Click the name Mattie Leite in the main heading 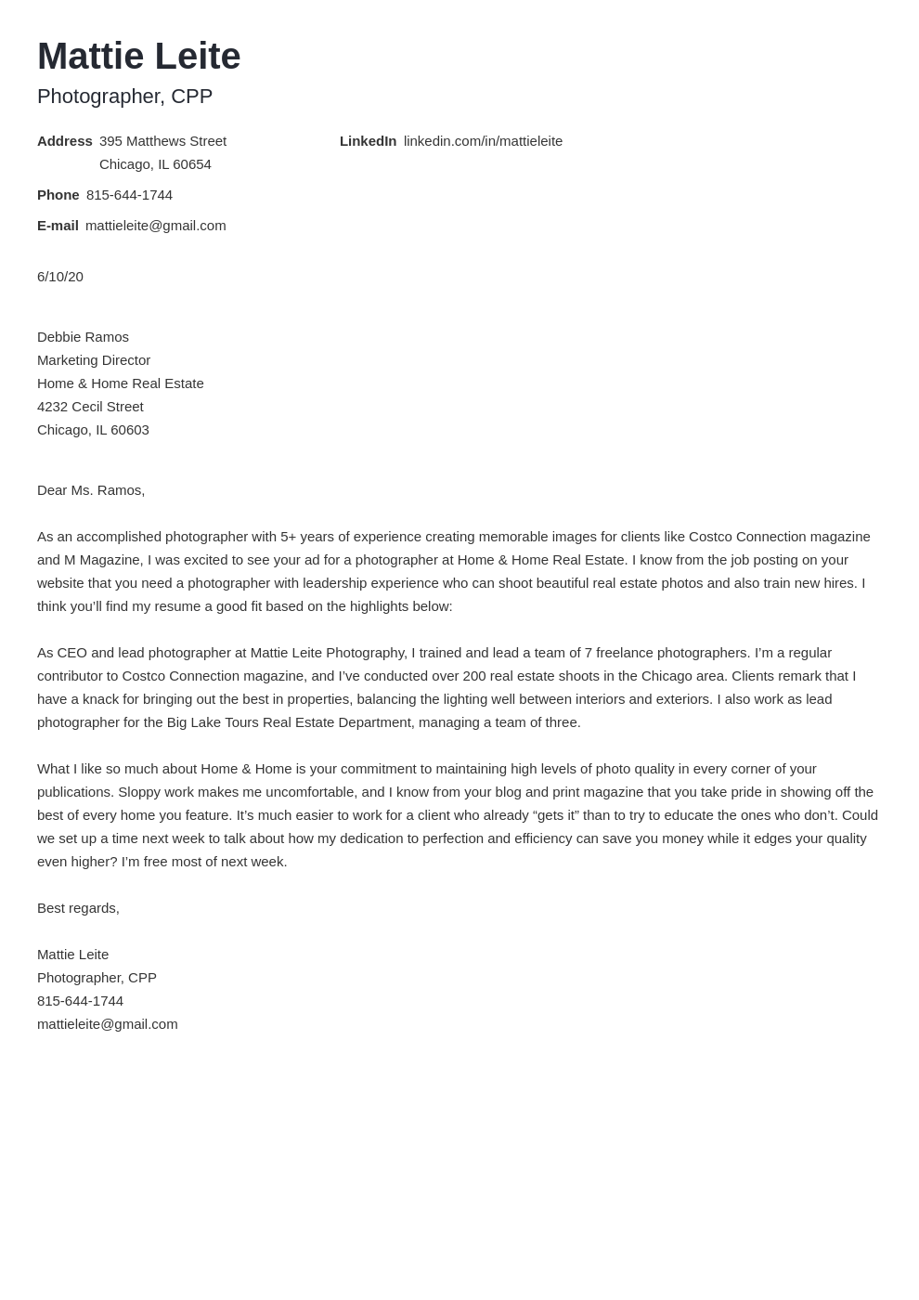pyautogui.click(x=138, y=57)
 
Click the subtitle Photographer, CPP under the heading pyautogui.click(x=124, y=97)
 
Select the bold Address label pyautogui.click(x=64, y=141)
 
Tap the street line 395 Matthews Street pyautogui.click(x=162, y=141)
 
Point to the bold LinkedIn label pyautogui.click(x=368, y=141)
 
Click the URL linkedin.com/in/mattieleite pyautogui.click(x=483, y=141)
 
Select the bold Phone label pyautogui.click(x=58, y=195)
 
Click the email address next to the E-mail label pyautogui.click(x=155, y=226)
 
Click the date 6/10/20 pyautogui.click(x=60, y=277)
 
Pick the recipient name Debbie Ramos pyautogui.click(x=83, y=337)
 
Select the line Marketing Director pyautogui.click(x=94, y=360)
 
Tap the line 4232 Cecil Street pyautogui.click(x=90, y=407)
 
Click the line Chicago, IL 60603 pyautogui.click(x=93, y=430)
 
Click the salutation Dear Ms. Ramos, pyautogui.click(x=91, y=490)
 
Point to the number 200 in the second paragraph pyautogui.click(x=473, y=676)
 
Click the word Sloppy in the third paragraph pyautogui.click(x=139, y=792)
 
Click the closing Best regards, pyautogui.click(x=78, y=908)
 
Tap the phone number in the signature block pyautogui.click(x=80, y=1001)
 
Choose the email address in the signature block pyautogui.click(x=107, y=1024)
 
